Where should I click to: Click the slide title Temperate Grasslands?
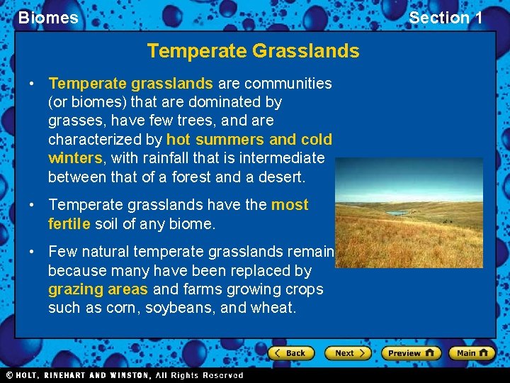pyautogui.click(x=253, y=51)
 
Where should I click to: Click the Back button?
pyautogui.click(x=289, y=353)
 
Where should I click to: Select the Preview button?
pyautogui.click(x=411, y=353)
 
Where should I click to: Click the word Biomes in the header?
pyautogui.click(x=48, y=18)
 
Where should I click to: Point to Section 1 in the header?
pyautogui.click(x=446, y=18)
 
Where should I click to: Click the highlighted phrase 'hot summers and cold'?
pyautogui.click(x=249, y=140)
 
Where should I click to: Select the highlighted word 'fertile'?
pyautogui.click(x=69, y=223)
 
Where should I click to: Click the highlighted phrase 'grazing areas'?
pyautogui.click(x=98, y=289)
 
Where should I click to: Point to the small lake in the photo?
pyautogui.click(x=397, y=212)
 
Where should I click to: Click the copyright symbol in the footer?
pyautogui.click(x=9, y=375)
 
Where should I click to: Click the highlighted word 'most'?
pyautogui.click(x=290, y=205)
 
